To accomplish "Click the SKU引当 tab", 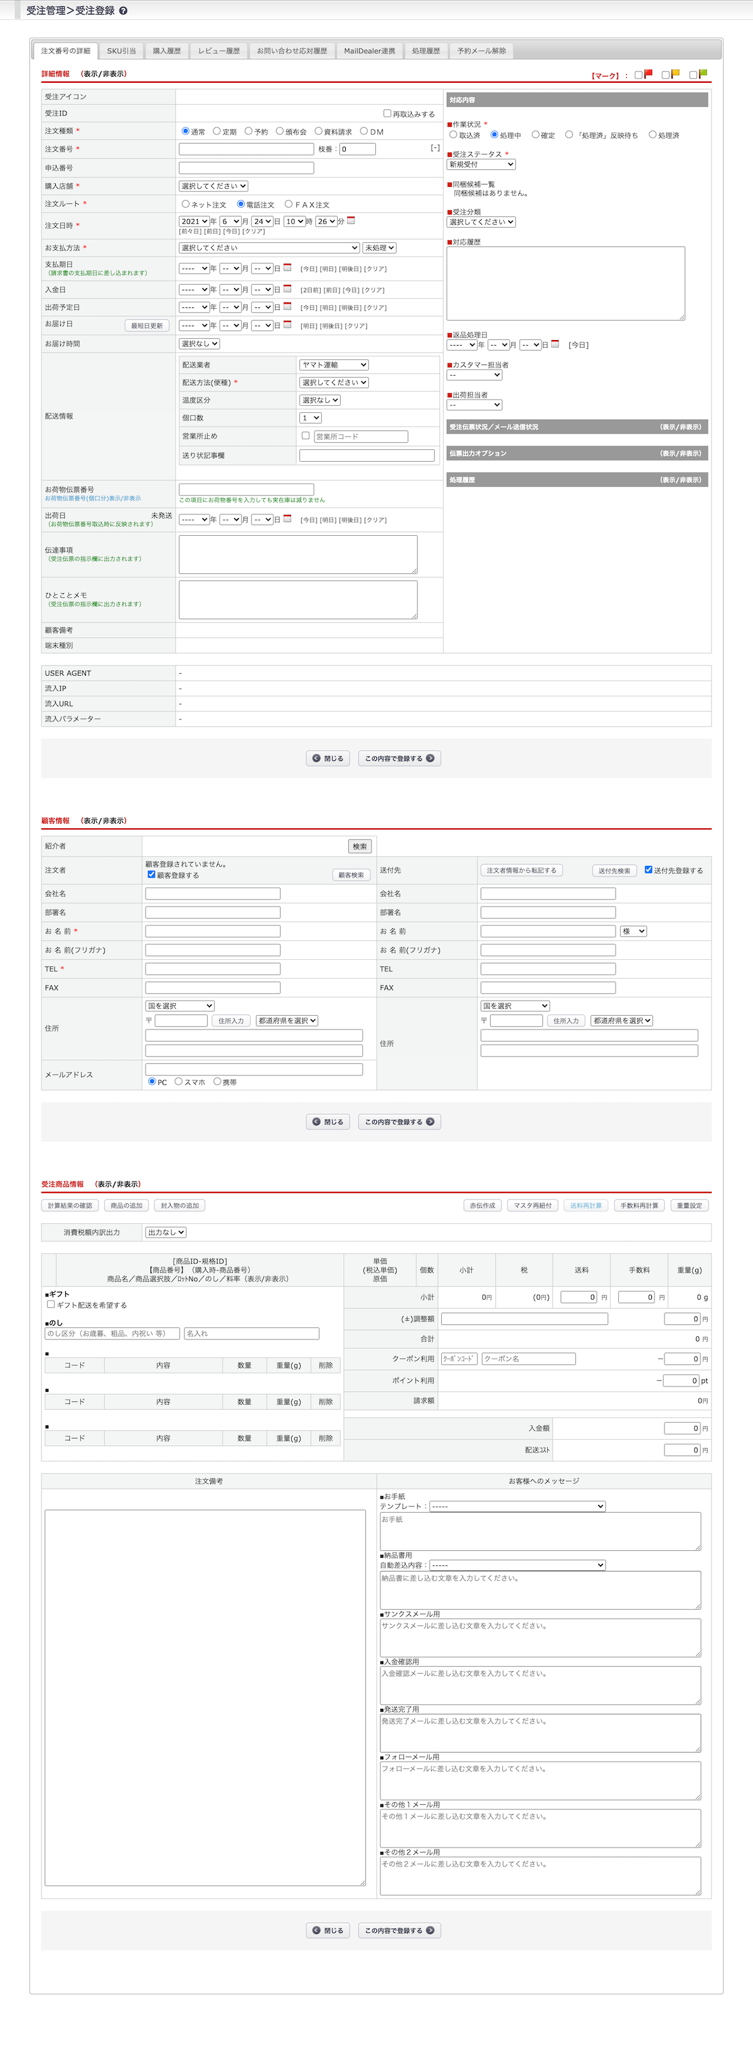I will coord(122,51).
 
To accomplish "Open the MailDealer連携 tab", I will coord(370,51).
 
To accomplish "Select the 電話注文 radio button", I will coord(240,204).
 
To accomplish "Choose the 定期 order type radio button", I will coord(216,131).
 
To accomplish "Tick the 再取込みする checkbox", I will coord(388,114).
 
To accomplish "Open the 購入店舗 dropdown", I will coord(213,186).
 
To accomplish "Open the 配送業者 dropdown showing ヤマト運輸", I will coord(334,364).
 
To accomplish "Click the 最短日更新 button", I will coord(147,326).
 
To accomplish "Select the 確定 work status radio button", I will coord(536,135).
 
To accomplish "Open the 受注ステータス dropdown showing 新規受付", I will coord(481,164).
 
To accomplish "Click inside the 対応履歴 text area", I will coord(565,283).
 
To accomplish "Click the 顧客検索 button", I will coord(351,875).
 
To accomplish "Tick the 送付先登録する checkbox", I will coord(648,870).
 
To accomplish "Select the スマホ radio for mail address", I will coord(179,1082).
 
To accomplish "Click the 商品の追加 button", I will coord(126,1205).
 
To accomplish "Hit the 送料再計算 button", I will coord(586,1205).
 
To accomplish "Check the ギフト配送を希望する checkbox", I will coord(51,1304).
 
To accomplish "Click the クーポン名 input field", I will coord(528,1359).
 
